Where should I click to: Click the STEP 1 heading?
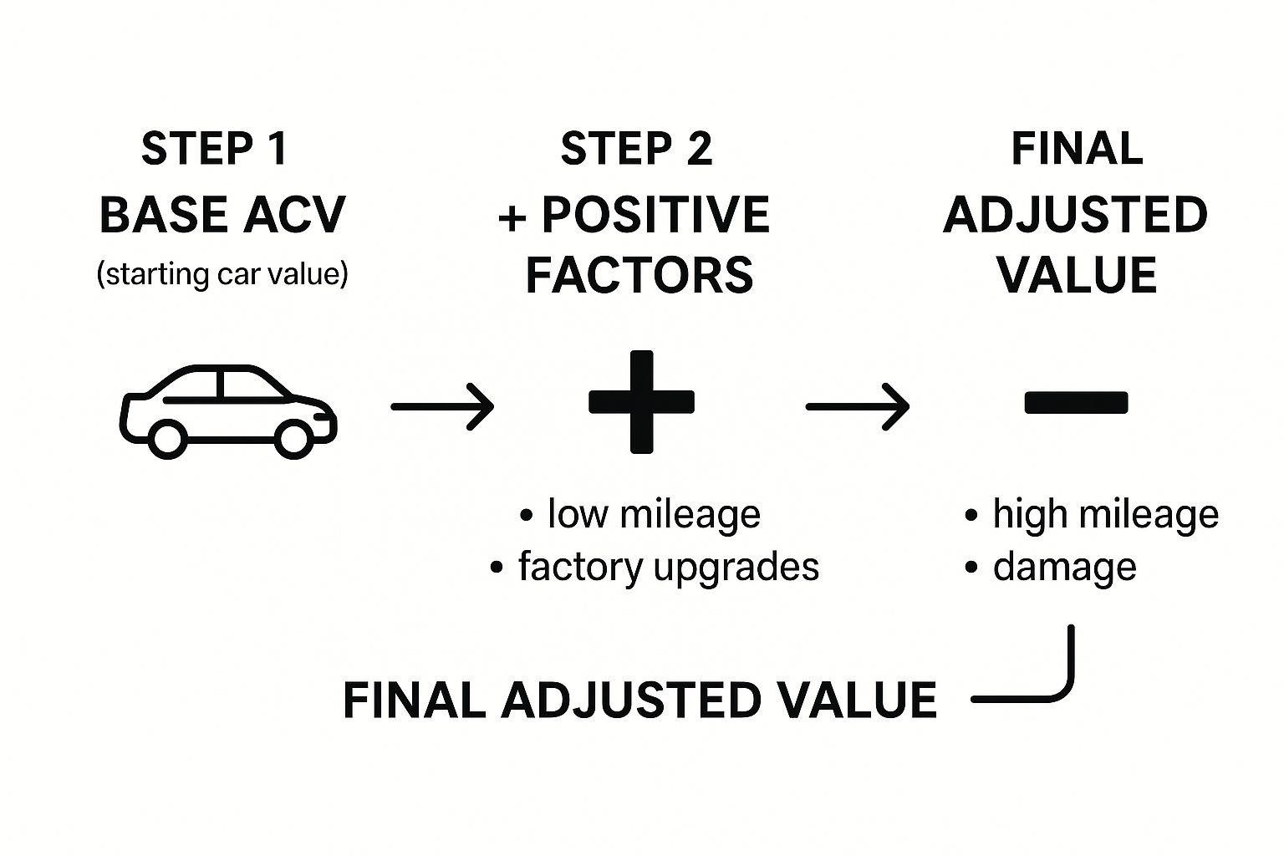[x=215, y=150]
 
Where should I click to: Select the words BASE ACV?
[x=222, y=215]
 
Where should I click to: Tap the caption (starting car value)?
[x=222, y=274]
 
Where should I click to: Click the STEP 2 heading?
[x=636, y=150]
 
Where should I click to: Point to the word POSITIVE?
[x=655, y=215]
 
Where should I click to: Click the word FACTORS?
[x=639, y=275]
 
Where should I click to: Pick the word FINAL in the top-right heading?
[x=1077, y=150]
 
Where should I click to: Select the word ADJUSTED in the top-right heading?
[x=1076, y=215]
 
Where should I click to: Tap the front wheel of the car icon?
[x=294, y=438]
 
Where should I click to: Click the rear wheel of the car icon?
[x=167, y=438]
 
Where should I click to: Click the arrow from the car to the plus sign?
[x=442, y=407]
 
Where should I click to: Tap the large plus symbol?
[x=641, y=402]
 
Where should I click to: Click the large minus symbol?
[x=1076, y=403]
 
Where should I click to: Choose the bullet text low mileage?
[x=654, y=513]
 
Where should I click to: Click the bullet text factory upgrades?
[x=668, y=567]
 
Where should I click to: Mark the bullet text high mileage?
[x=1105, y=513]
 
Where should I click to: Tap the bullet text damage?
[x=1064, y=567]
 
